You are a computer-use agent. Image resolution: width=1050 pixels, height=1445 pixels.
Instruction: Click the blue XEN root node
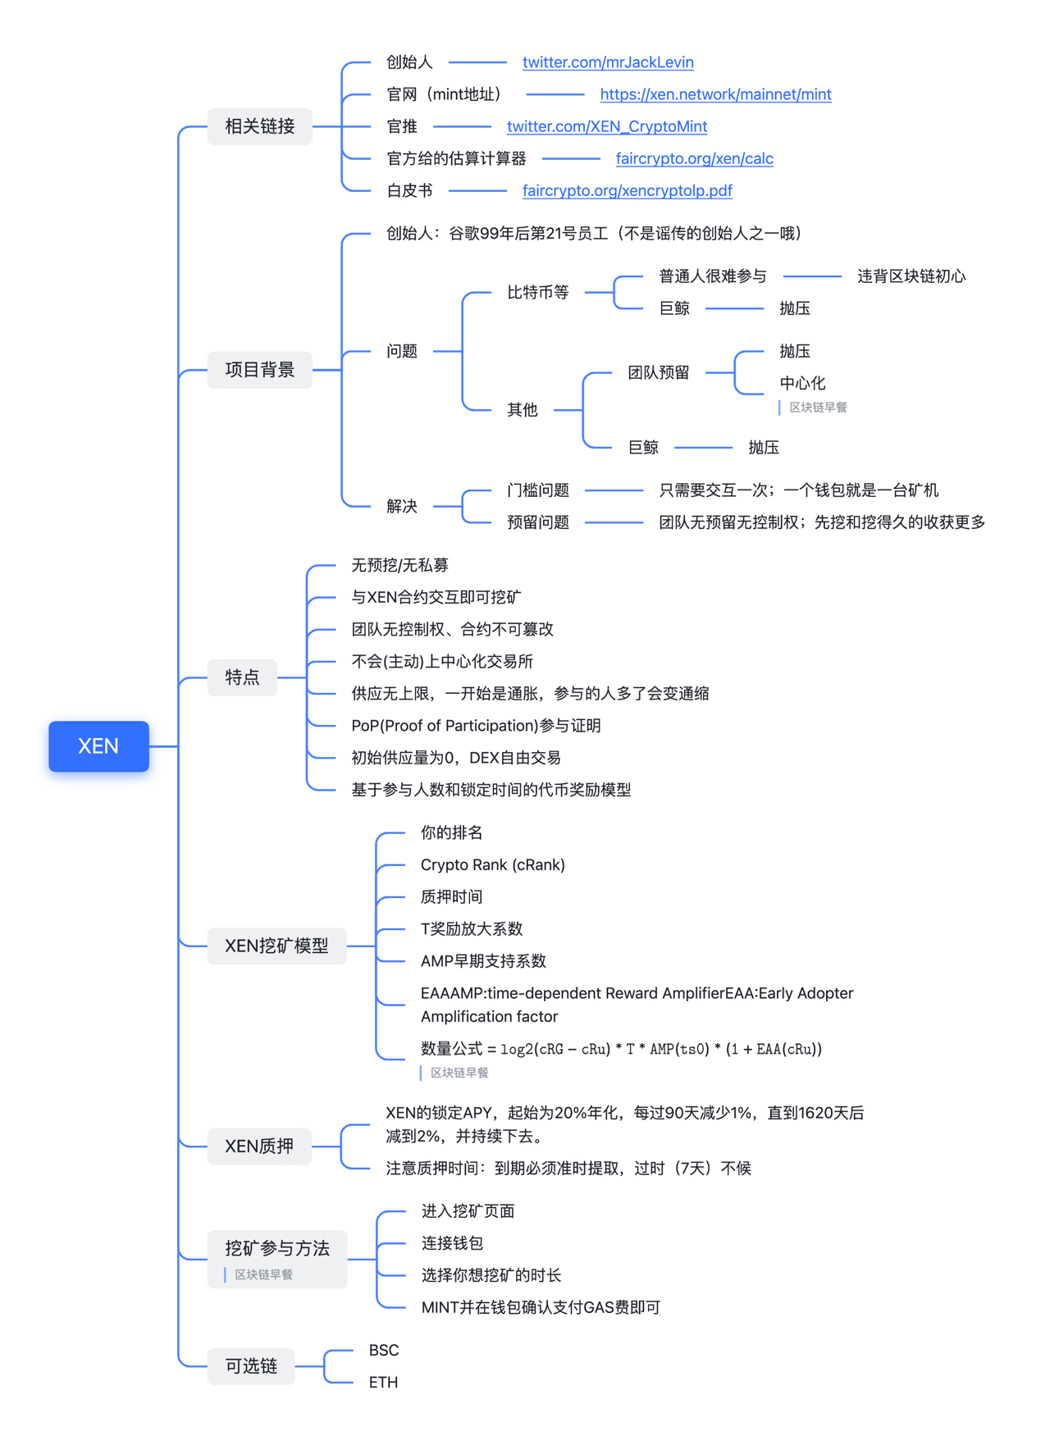(98, 745)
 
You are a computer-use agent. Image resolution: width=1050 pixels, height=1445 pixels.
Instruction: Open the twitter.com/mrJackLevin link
(608, 62)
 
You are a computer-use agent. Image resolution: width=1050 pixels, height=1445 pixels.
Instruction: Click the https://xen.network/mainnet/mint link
(715, 94)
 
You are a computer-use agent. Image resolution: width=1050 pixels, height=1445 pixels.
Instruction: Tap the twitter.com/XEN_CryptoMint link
(607, 126)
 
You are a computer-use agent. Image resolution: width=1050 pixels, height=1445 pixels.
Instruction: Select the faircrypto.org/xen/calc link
(694, 158)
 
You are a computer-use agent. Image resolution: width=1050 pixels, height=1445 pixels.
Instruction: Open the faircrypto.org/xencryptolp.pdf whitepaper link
(627, 190)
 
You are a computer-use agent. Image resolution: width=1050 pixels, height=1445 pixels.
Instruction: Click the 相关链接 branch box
(259, 126)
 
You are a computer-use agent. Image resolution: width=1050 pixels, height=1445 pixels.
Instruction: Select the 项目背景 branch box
(259, 370)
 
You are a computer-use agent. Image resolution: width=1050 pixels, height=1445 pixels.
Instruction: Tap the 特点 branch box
(242, 677)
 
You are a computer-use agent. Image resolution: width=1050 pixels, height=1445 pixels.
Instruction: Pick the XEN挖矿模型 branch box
(276, 946)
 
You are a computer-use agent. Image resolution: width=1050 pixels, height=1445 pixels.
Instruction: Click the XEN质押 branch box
(259, 1146)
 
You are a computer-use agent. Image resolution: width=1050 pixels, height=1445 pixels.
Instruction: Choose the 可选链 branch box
(251, 1365)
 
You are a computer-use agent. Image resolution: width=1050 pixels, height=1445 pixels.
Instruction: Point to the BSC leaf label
(384, 1350)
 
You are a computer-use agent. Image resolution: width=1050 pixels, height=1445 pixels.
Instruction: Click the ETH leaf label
(383, 1382)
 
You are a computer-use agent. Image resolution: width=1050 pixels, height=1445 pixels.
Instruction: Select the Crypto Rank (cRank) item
(492, 864)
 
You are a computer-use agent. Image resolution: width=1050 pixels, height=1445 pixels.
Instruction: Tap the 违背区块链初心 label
(911, 276)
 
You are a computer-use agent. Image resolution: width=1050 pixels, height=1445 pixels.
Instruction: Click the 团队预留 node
(658, 372)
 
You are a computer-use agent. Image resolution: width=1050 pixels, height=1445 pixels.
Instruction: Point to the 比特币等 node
(537, 292)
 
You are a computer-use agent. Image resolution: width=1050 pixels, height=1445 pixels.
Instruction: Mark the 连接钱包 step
(452, 1242)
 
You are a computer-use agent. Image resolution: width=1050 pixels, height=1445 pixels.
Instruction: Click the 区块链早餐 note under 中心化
(818, 408)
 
